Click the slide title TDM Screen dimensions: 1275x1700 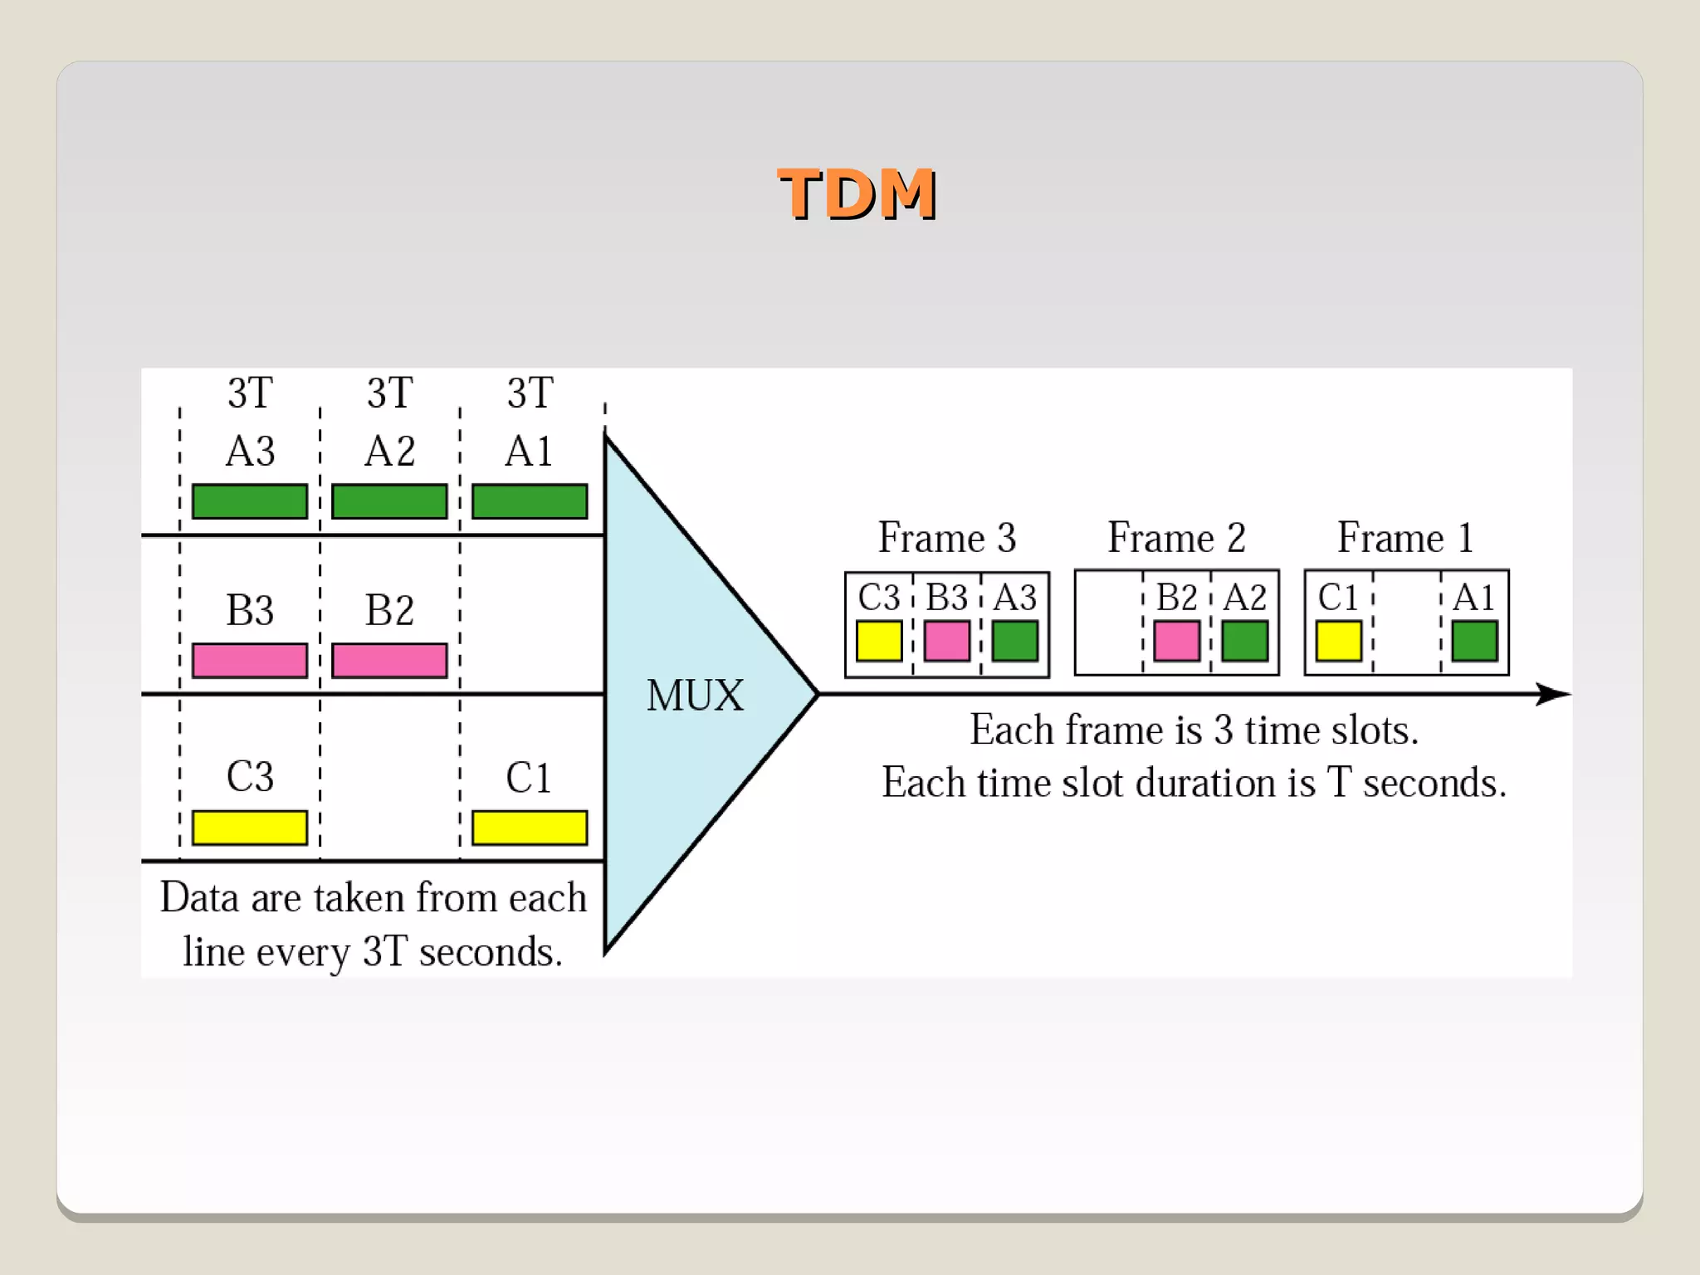[x=857, y=194]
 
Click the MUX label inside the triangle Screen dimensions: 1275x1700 [x=695, y=696]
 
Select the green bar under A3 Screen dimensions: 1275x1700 [x=250, y=501]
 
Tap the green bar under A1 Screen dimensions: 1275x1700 [x=530, y=501]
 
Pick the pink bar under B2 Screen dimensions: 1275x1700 [x=389, y=661]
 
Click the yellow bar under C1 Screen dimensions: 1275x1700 [x=530, y=828]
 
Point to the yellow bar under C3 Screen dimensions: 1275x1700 [x=250, y=828]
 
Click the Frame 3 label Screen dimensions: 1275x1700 [x=947, y=538]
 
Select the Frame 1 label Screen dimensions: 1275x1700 [x=1405, y=538]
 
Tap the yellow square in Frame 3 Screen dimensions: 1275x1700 [x=879, y=641]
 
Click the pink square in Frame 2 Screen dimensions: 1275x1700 [x=1176, y=641]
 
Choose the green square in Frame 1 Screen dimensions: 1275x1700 [x=1474, y=641]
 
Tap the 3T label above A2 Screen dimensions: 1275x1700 [x=389, y=393]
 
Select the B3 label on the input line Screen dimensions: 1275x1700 [x=250, y=611]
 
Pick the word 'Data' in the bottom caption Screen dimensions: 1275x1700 [x=199, y=898]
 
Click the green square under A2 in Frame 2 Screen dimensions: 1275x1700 [x=1244, y=641]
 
